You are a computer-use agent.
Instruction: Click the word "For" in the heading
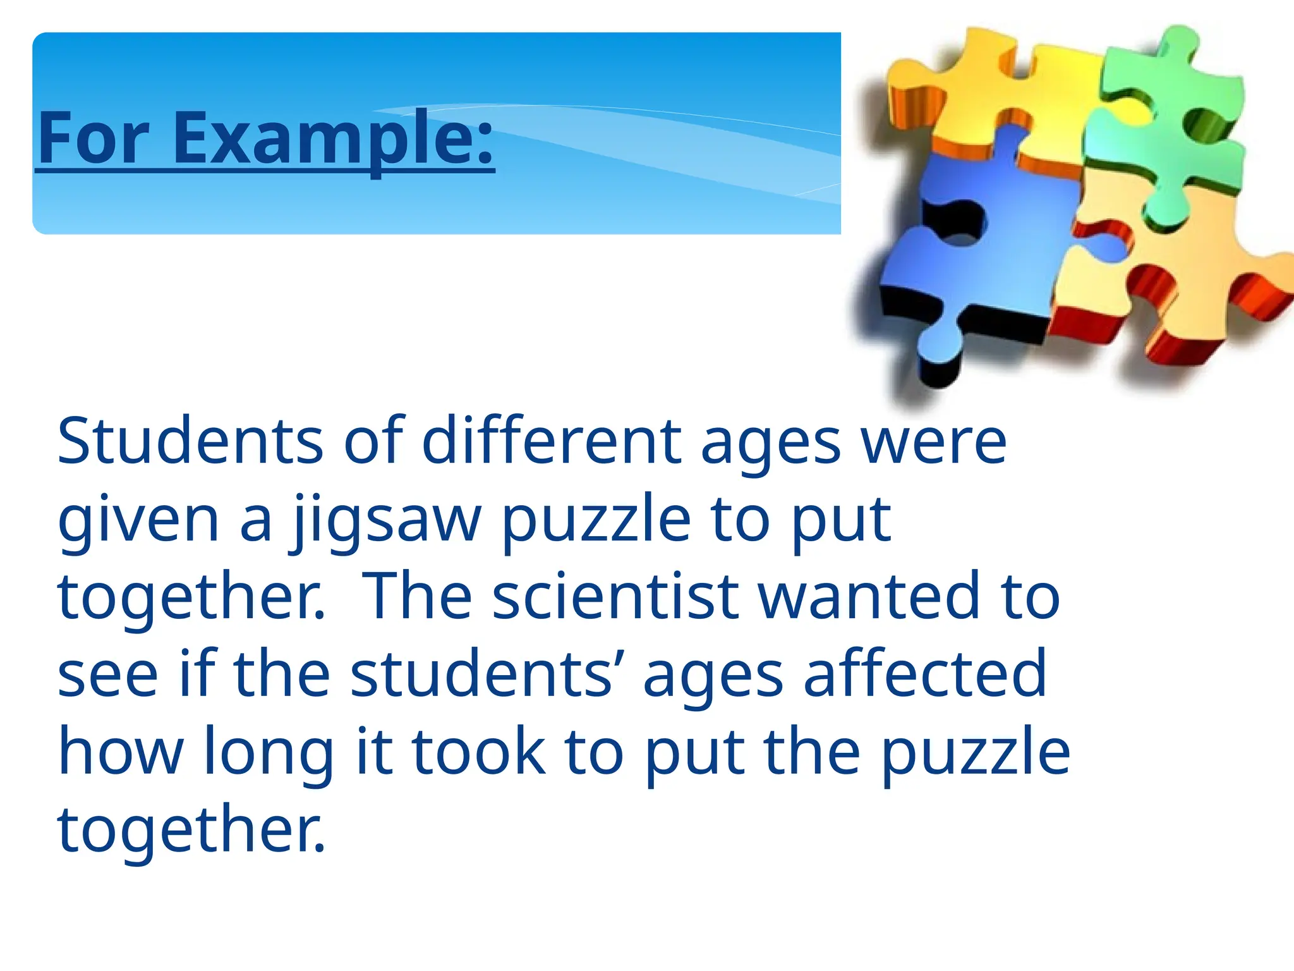pyautogui.click(x=93, y=138)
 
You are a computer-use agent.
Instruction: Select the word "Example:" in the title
pyautogui.click(x=333, y=138)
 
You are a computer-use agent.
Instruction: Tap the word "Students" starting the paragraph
pyautogui.click(x=190, y=441)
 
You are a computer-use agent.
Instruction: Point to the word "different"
pyautogui.click(x=552, y=441)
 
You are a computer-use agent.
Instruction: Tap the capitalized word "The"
pyautogui.click(x=418, y=597)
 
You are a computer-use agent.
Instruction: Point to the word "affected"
pyautogui.click(x=925, y=675)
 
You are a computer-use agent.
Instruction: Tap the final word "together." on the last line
pyautogui.click(x=191, y=829)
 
